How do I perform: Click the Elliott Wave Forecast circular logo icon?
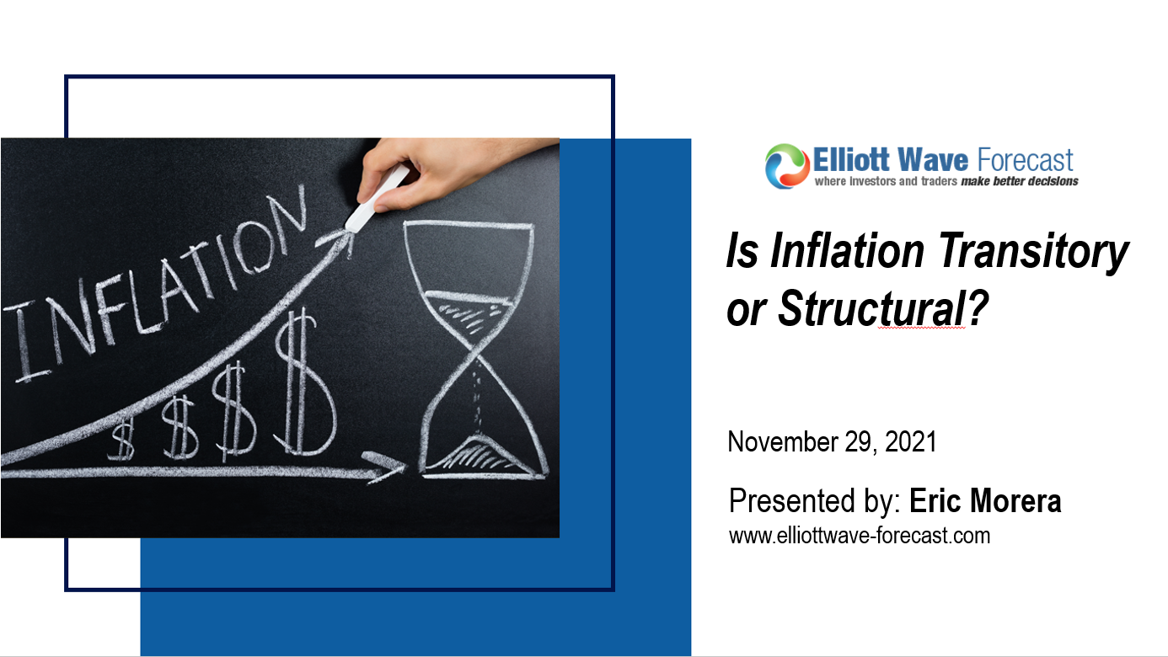tap(786, 165)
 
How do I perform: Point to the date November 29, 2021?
tap(832, 442)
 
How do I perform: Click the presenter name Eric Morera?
tap(985, 501)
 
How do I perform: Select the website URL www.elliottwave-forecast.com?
tap(859, 535)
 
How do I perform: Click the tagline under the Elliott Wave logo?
tap(946, 181)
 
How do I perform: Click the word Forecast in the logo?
tap(1022, 160)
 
